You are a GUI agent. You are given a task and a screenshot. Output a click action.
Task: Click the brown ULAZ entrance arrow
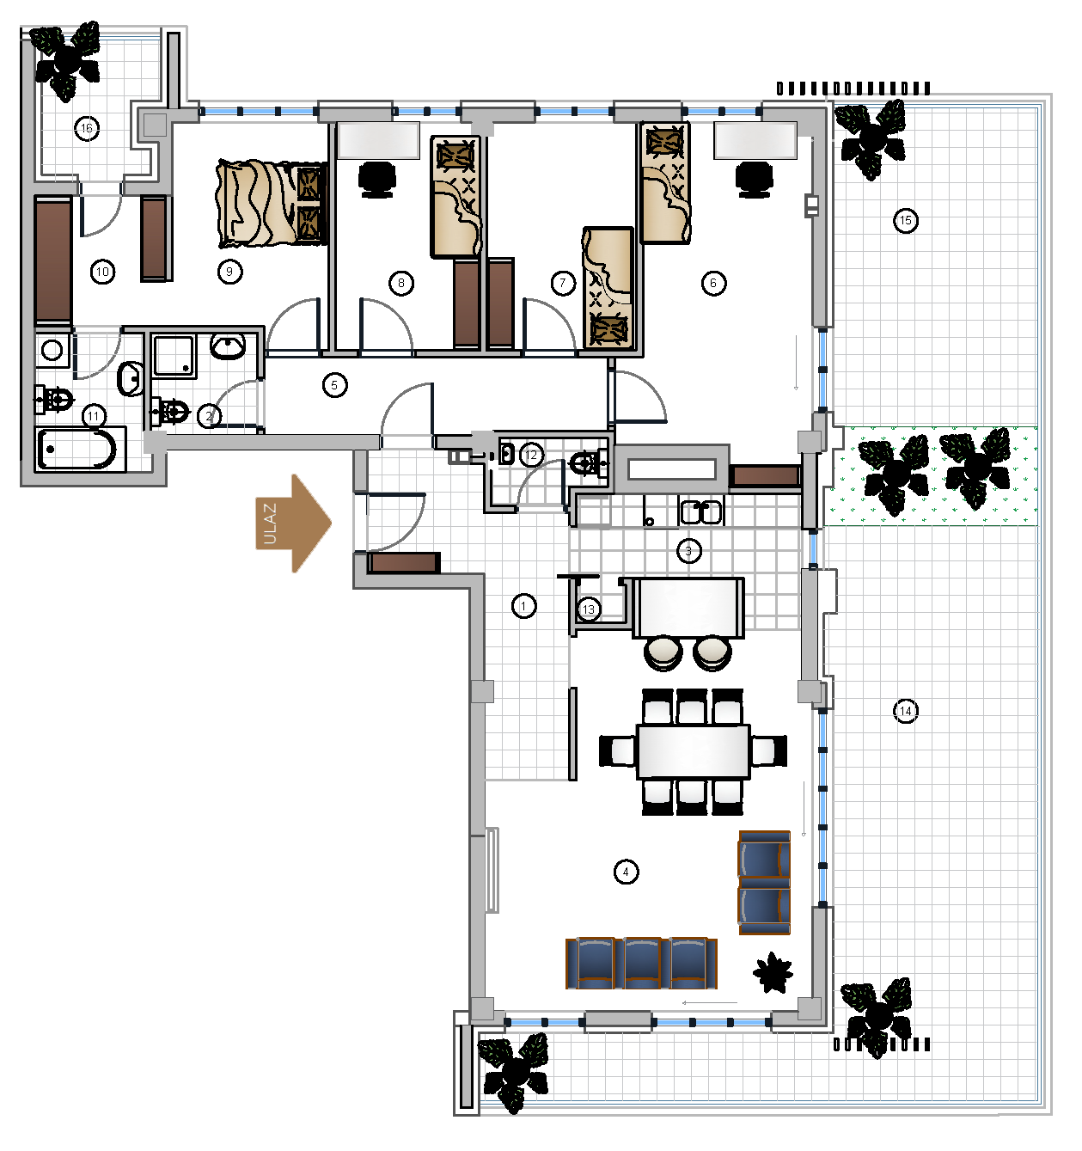coord(293,523)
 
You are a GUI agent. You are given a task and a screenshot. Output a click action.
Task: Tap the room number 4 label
coord(626,872)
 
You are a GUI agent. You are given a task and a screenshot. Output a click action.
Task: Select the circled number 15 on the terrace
coord(905,220)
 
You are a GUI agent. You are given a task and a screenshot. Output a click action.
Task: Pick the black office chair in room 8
coord(376,179)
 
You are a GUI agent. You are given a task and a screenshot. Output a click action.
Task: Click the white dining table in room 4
coord(694,751)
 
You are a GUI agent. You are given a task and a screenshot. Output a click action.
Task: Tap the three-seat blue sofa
coord(641,964)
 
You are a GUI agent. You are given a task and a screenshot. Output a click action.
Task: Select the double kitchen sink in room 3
coord(701,511)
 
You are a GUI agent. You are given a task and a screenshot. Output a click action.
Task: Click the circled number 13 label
coord(588,609)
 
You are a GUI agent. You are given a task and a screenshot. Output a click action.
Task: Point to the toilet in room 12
coord(588,463)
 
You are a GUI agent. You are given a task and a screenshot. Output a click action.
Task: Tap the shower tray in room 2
coord(174,356)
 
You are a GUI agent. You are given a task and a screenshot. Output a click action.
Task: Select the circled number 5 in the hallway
coord(334,385)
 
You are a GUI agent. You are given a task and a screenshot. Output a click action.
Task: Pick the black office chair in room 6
coord(754,179)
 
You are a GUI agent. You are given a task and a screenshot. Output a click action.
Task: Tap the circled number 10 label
coord(102,272)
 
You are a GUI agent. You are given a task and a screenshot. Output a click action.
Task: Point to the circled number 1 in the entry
coord(524,606)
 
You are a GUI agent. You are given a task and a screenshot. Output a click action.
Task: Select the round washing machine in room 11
coord(52,350)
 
